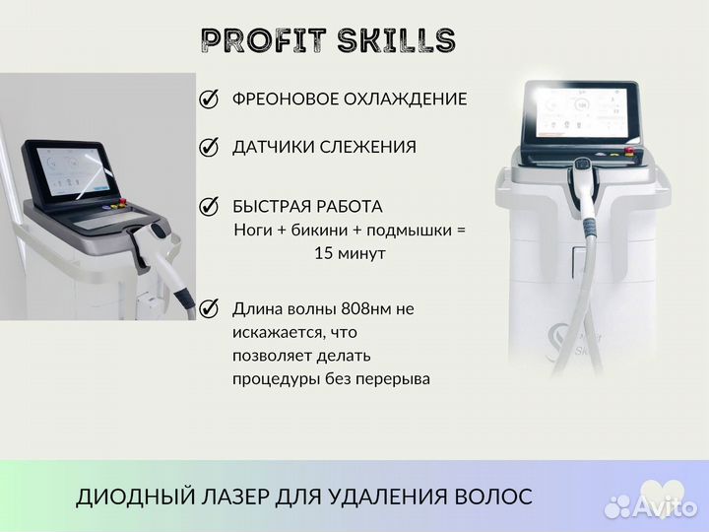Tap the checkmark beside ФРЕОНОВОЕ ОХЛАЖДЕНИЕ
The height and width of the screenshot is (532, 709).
pos(209,99)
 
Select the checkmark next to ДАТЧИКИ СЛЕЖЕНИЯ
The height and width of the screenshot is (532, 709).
pos(209,147)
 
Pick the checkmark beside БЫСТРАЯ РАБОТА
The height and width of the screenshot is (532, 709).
pos(209,207)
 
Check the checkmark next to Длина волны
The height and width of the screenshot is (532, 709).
pos(209,308)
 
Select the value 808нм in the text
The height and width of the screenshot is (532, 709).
pos(368,309)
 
